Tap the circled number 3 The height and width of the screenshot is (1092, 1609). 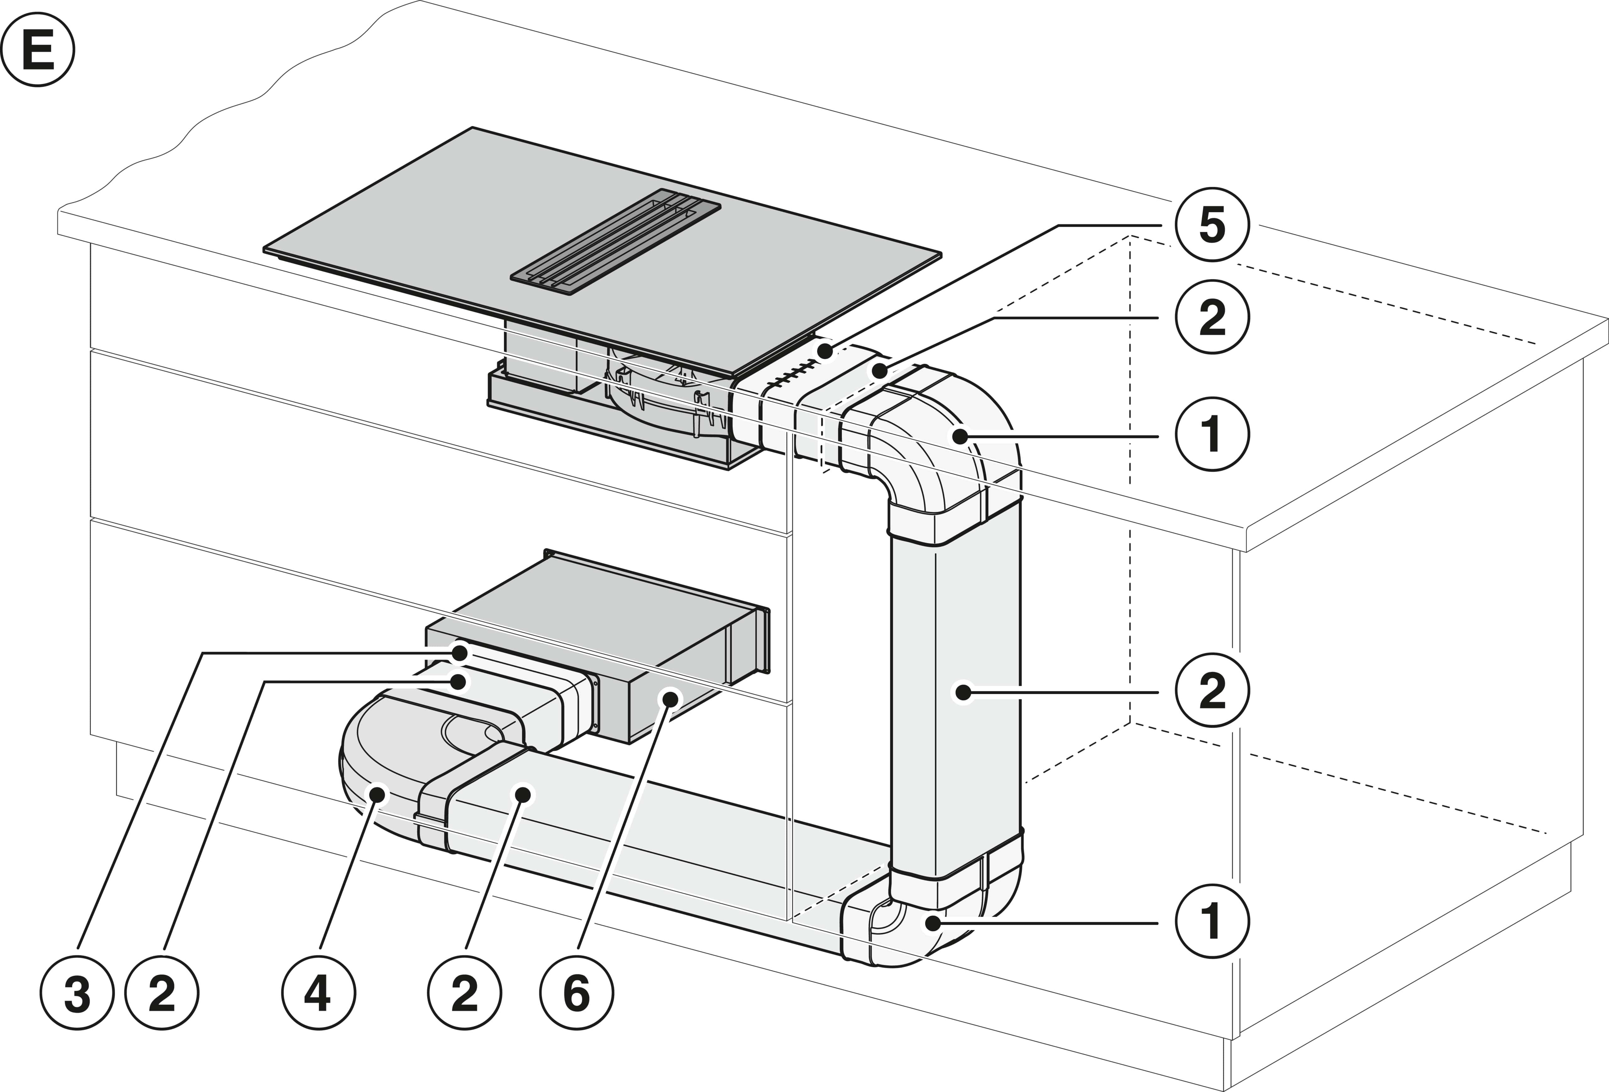pyautogui.click(x=77, y=994)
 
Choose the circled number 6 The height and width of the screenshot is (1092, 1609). pyautogui.click(x=576, y=994)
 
